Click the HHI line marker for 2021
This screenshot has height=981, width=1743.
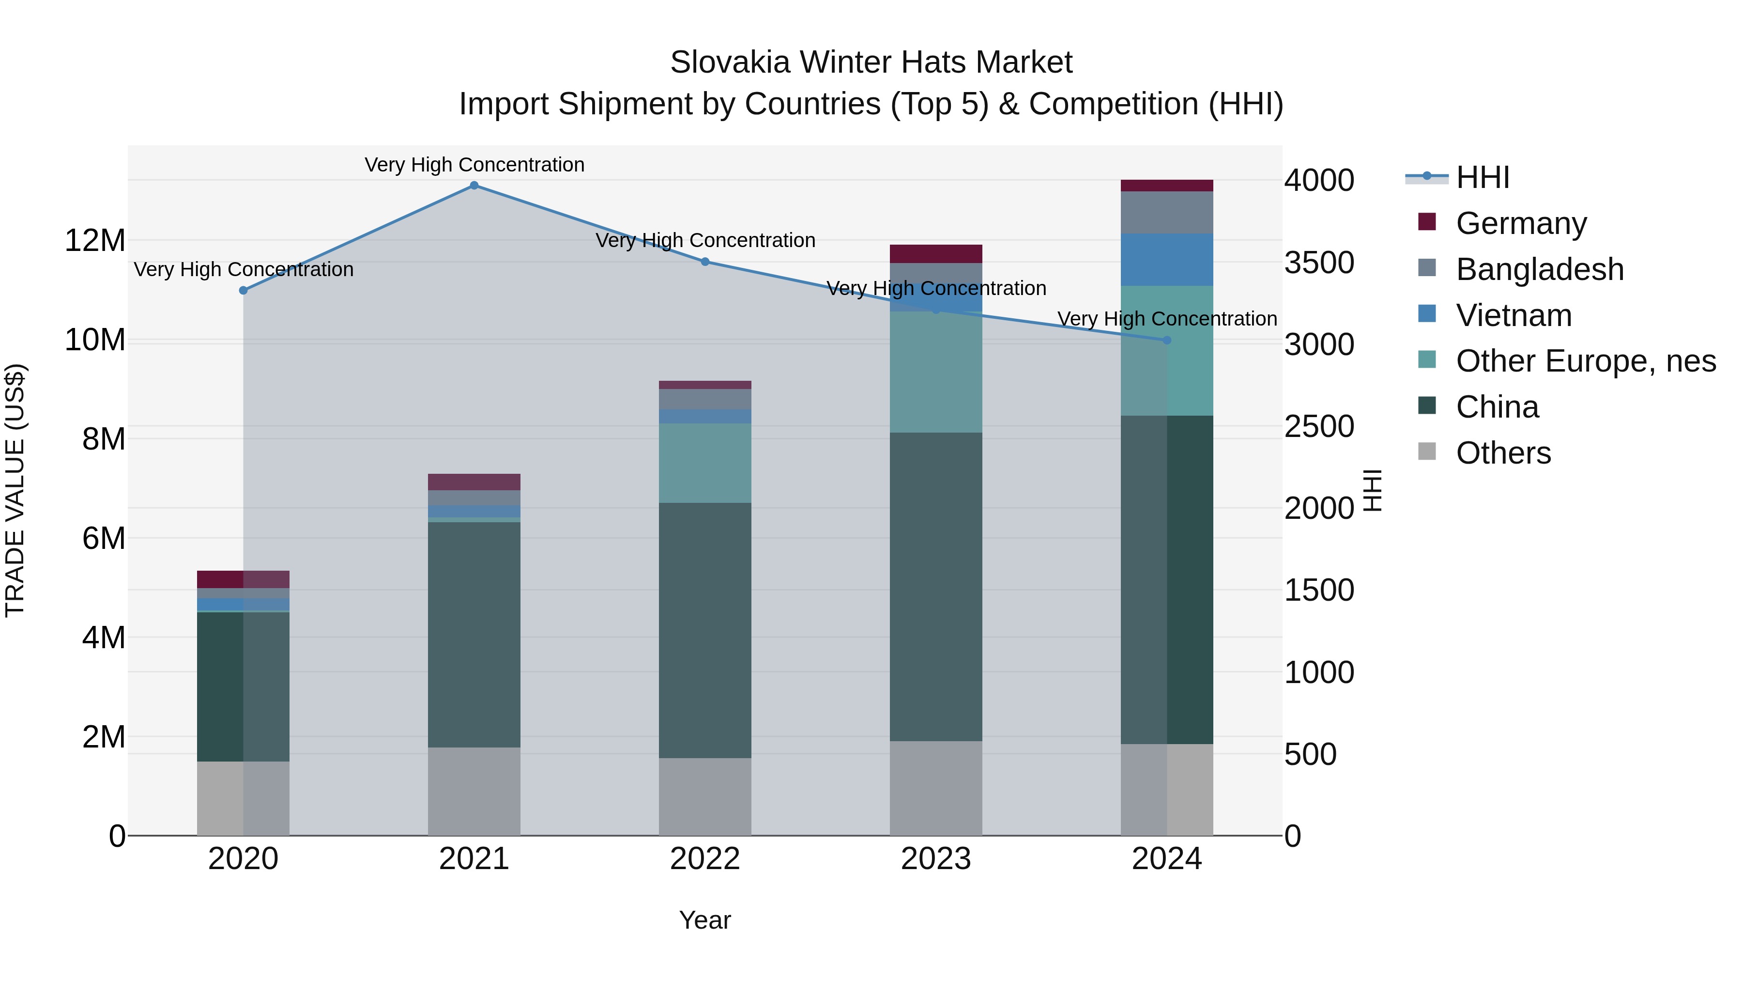(x=474, y=186)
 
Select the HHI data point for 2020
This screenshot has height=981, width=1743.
(x=244, y=291)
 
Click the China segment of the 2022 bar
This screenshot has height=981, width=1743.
(x=705, y=630)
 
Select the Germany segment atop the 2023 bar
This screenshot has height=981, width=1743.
(x=936, y=254)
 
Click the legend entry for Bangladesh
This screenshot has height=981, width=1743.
(x=1539, y=269)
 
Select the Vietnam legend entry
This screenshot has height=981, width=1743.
(x=1514, y=315)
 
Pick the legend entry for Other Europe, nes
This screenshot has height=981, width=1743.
(x=1585, y=361)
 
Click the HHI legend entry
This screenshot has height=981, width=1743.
(x=1482, y=177)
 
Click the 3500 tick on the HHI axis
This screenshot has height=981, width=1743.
(x=1319, y=264)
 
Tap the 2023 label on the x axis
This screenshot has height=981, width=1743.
(x=936, y=859)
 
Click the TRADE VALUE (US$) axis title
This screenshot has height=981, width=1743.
(x=15, y=490)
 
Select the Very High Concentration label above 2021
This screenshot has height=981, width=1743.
(x=474, y=165)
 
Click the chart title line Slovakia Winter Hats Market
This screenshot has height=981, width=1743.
(x=871, y=62)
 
